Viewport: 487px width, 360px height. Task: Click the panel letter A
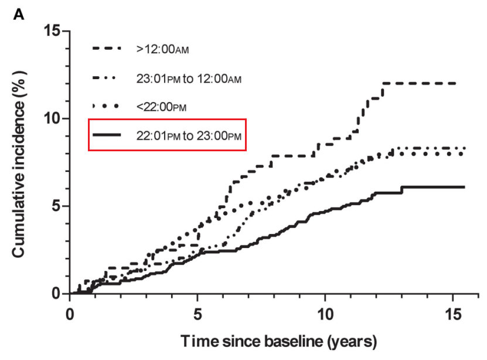[19, 15]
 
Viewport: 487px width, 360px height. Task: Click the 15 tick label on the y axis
[53, 30]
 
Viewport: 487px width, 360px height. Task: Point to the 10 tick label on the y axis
[53, 118]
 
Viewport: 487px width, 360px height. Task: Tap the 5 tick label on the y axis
[56, 206]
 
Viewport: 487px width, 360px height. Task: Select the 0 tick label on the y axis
[56, 293]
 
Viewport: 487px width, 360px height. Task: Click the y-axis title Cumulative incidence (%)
[19, 162]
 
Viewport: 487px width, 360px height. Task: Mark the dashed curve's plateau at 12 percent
[419, 83]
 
